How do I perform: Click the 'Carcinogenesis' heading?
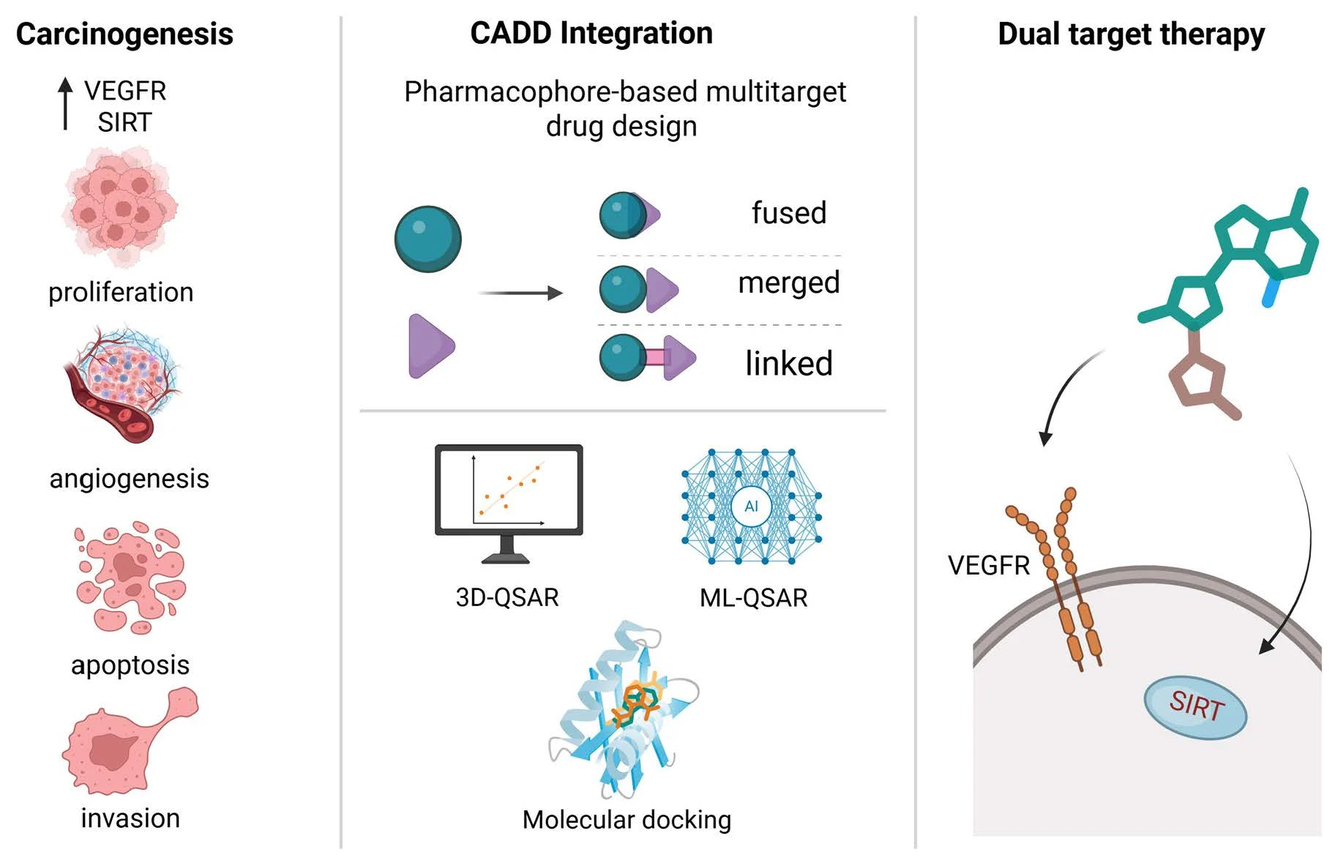pos(124,34)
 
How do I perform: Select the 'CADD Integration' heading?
pos(591,33)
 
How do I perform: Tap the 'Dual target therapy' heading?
pos(1131,34)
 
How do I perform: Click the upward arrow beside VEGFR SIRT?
pos(66,103)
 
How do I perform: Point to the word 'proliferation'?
pos(121,292)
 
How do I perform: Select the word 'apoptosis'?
pos(130,665)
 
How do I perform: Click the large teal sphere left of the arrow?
pos(427,239)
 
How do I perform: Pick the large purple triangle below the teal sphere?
pos(430,345)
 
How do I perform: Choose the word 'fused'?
pos(789,213)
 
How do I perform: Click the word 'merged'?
pos(788,283)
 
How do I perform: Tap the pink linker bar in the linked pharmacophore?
pos(655,357)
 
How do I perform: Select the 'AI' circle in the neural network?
pos(751,507)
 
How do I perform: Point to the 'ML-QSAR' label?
pos(753,598)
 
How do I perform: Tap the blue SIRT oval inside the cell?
pos(1195,706)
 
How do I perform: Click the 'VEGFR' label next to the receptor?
pos(988,566)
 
